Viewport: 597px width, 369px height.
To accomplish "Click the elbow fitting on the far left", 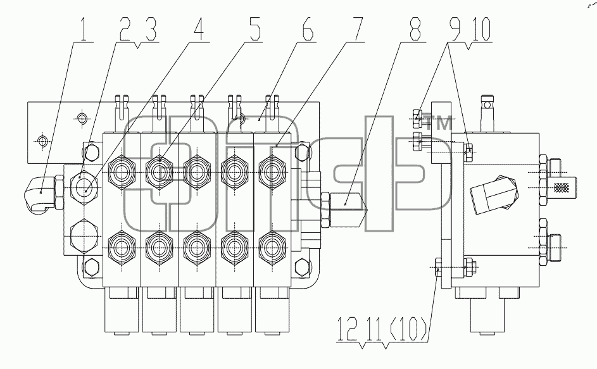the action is coord(41,192).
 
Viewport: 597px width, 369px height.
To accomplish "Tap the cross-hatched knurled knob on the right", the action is coord(561,187).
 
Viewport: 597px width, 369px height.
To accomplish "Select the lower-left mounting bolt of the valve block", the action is coord(91,266).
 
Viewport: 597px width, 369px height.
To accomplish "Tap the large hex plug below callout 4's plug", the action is coord(84,236).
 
